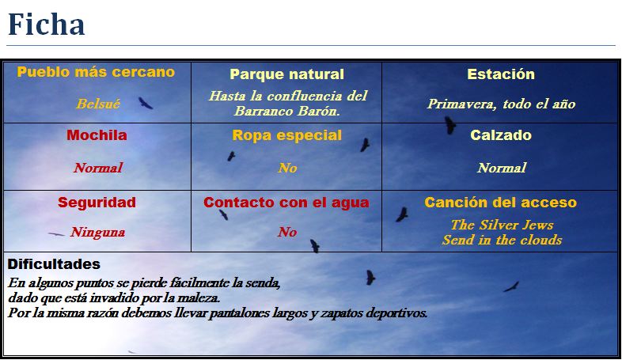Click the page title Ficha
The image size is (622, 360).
[x=46, y=25]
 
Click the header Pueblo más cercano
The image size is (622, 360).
[x=96, y=72]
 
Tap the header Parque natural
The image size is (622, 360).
[x=286, y=74]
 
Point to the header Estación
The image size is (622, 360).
[x=501, y=74]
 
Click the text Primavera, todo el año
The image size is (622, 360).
[x=501, y=104]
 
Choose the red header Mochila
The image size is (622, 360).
[x=97, y=135]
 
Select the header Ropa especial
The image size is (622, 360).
[x=286, y=135]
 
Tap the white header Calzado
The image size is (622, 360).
[x=501, y=135]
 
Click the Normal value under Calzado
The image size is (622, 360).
[x=501, y=168]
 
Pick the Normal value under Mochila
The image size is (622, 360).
[x=97, y=168]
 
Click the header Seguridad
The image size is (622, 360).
[x=97, y=203]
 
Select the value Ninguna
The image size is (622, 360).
[x=97, y=233]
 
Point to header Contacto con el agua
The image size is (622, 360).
[x=286, y=203]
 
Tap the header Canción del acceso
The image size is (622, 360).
[x=501, y=203]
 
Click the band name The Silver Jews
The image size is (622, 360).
[x=502, y=225]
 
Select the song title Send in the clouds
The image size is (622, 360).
[x=502, y=240]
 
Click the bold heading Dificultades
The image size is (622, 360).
[x=54, y=263]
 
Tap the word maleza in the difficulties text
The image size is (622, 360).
[x=198, y=297]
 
